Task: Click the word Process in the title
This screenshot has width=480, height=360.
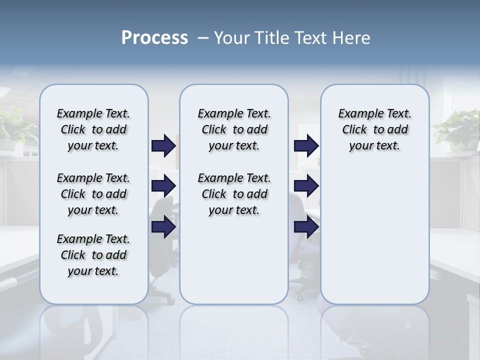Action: pos(154,37)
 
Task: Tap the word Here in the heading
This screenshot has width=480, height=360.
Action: pos(352,38)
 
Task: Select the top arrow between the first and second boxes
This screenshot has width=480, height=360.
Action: pos(163,145)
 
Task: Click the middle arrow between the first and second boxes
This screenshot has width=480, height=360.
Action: pos(163,186)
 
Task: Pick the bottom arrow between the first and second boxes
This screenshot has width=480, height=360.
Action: pos(163,227)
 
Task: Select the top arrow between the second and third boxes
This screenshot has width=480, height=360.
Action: pos(306,145)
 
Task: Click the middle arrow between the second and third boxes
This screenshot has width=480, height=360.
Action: pos(306,186)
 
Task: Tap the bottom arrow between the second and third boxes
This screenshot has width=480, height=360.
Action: pos(306,227)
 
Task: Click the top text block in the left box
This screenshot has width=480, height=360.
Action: pos(93,129)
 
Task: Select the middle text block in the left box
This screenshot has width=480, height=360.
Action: pos(93,194)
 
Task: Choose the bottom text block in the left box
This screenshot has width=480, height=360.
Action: pos(93,255)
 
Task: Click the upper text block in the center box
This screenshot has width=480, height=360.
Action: pos(234,129)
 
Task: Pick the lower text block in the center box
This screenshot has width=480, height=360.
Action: pos(234,194)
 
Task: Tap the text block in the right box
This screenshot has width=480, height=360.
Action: pos(374,129)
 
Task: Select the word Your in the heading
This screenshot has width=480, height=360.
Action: pos(232,38)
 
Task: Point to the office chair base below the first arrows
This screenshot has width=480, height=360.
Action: pos(161,290)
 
